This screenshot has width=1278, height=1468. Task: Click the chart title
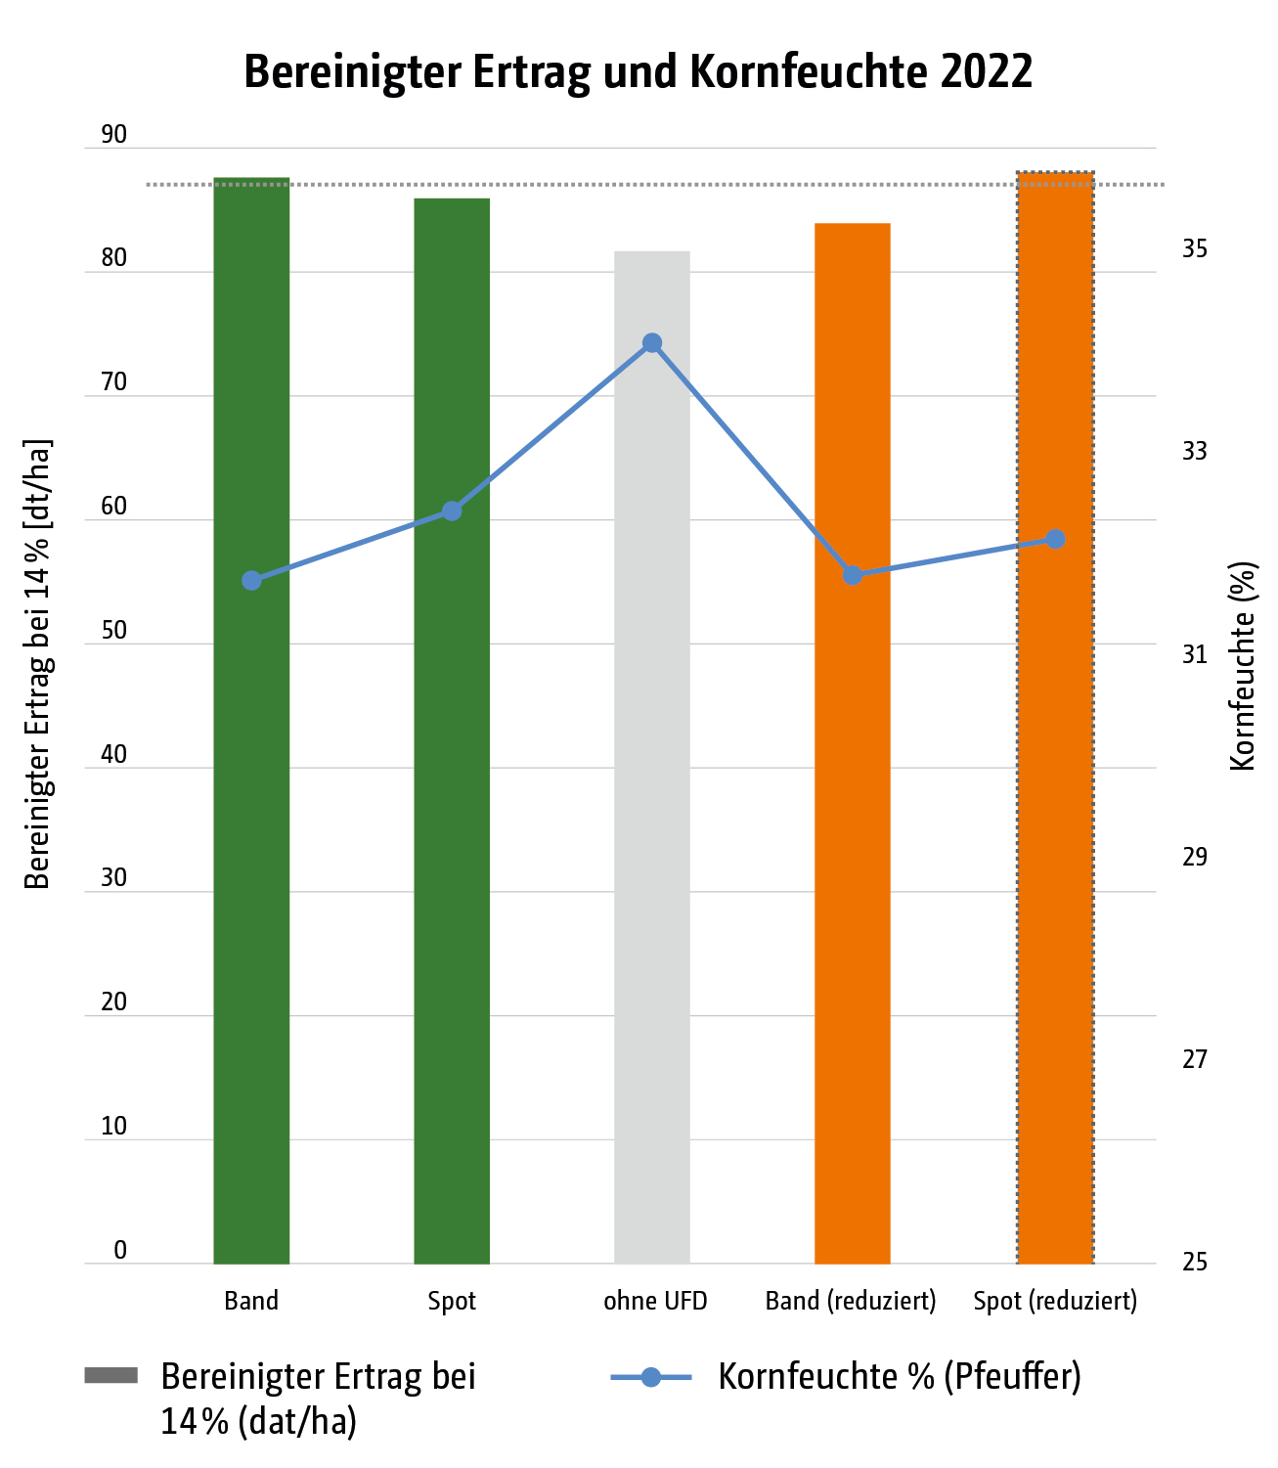pos(638,71)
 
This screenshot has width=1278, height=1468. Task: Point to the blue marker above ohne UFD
pos(652,343)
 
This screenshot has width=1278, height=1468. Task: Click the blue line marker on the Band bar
pos(251,581)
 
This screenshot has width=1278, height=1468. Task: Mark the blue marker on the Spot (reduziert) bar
pos(1055,540)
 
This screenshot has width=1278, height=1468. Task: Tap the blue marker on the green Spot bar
pos(452,512)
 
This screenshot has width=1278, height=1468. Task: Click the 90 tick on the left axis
pos(113,135)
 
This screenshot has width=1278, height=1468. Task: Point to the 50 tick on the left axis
pos(113,631)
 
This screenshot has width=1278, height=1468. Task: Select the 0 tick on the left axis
pos(120,1250)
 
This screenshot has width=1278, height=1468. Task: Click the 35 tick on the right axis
pos(1195,249)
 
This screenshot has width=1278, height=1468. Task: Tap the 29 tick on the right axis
pos(1195,858)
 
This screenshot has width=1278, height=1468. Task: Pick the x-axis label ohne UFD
pos(655,1302)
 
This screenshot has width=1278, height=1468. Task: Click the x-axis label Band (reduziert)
pos(851,1302)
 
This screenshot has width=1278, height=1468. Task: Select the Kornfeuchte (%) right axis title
pos(1242,666)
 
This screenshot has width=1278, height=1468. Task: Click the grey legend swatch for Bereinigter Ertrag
pos(111,1376)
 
